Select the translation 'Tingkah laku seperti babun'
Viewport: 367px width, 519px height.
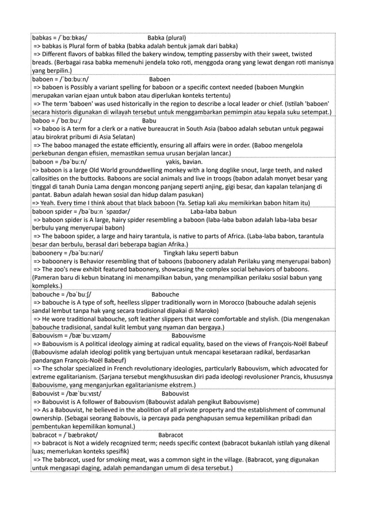tap(201, 252)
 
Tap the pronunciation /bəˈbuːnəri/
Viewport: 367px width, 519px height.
tap(86, 252)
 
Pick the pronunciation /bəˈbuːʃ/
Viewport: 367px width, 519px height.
tap(77, 293)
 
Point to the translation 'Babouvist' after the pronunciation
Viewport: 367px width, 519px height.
tap(178, 394)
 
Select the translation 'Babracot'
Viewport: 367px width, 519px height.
tap(170, 435)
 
